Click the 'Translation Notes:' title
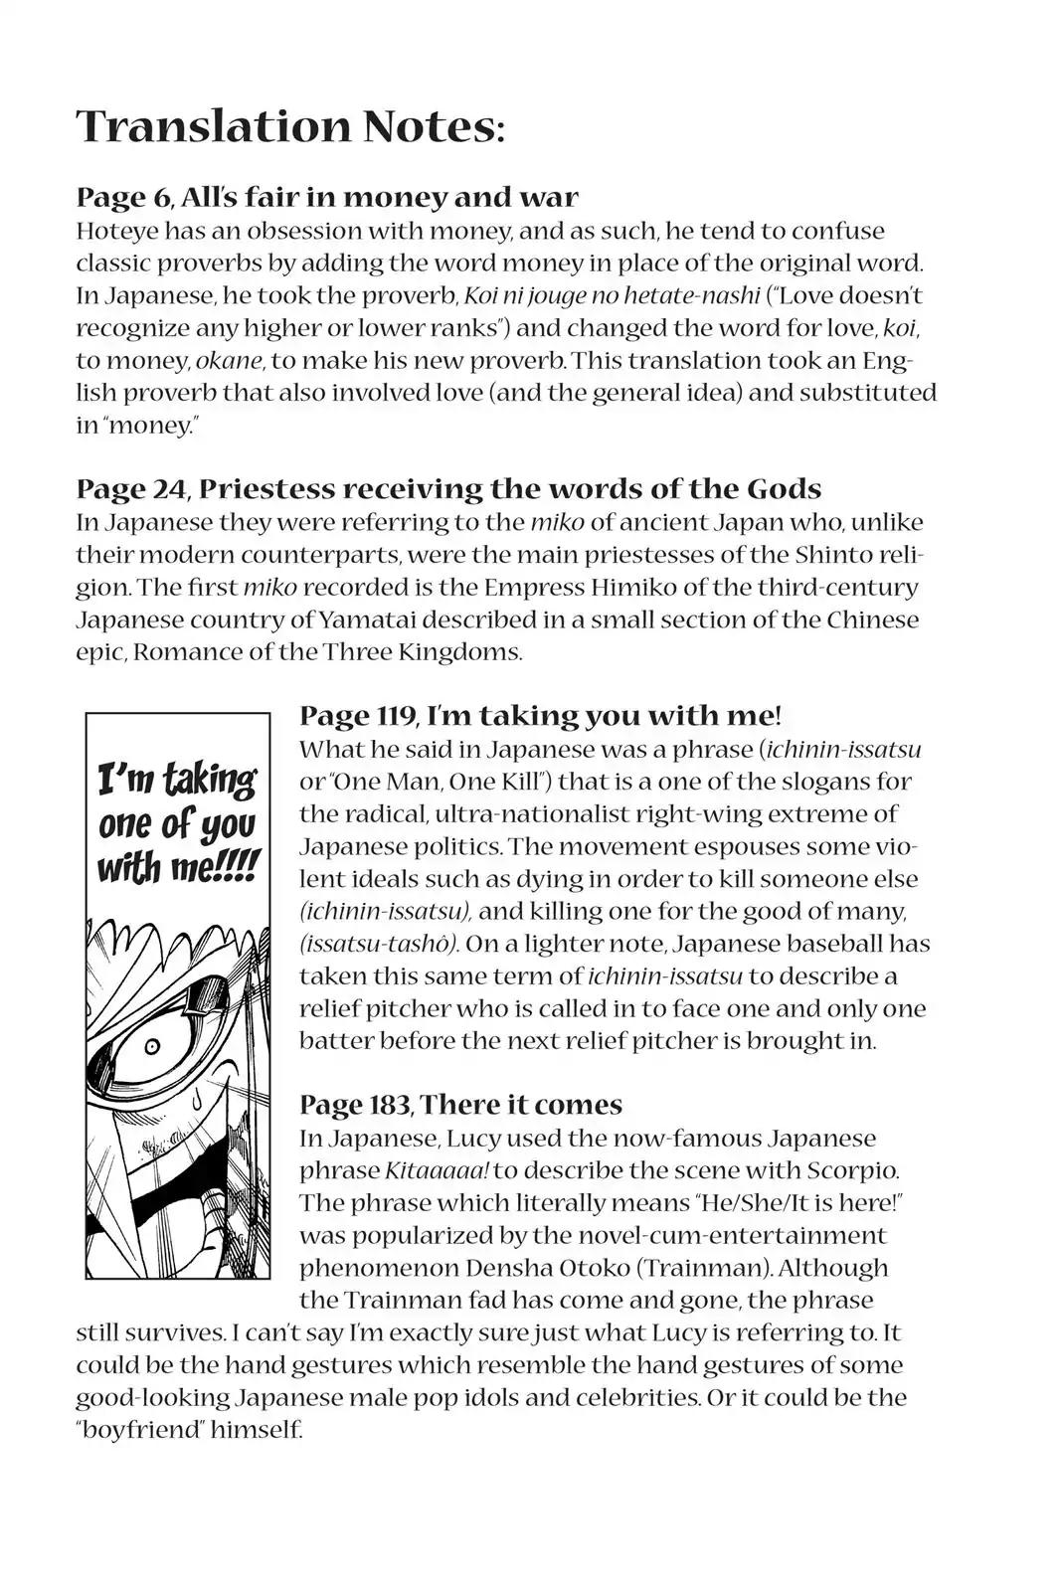point(289,127)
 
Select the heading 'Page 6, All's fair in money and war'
point(327,197)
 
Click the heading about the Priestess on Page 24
point(448,488)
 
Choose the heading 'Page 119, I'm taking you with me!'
point(540,715)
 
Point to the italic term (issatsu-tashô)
point(379,944)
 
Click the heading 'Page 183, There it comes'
point(460,1105)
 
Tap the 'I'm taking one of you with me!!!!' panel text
point(177,824)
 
